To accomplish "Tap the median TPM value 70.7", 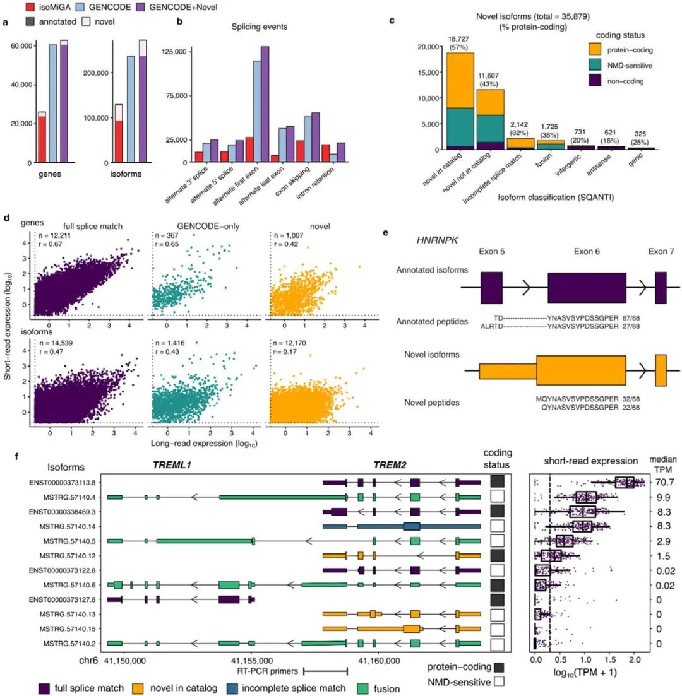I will click(x=659, y=483).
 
